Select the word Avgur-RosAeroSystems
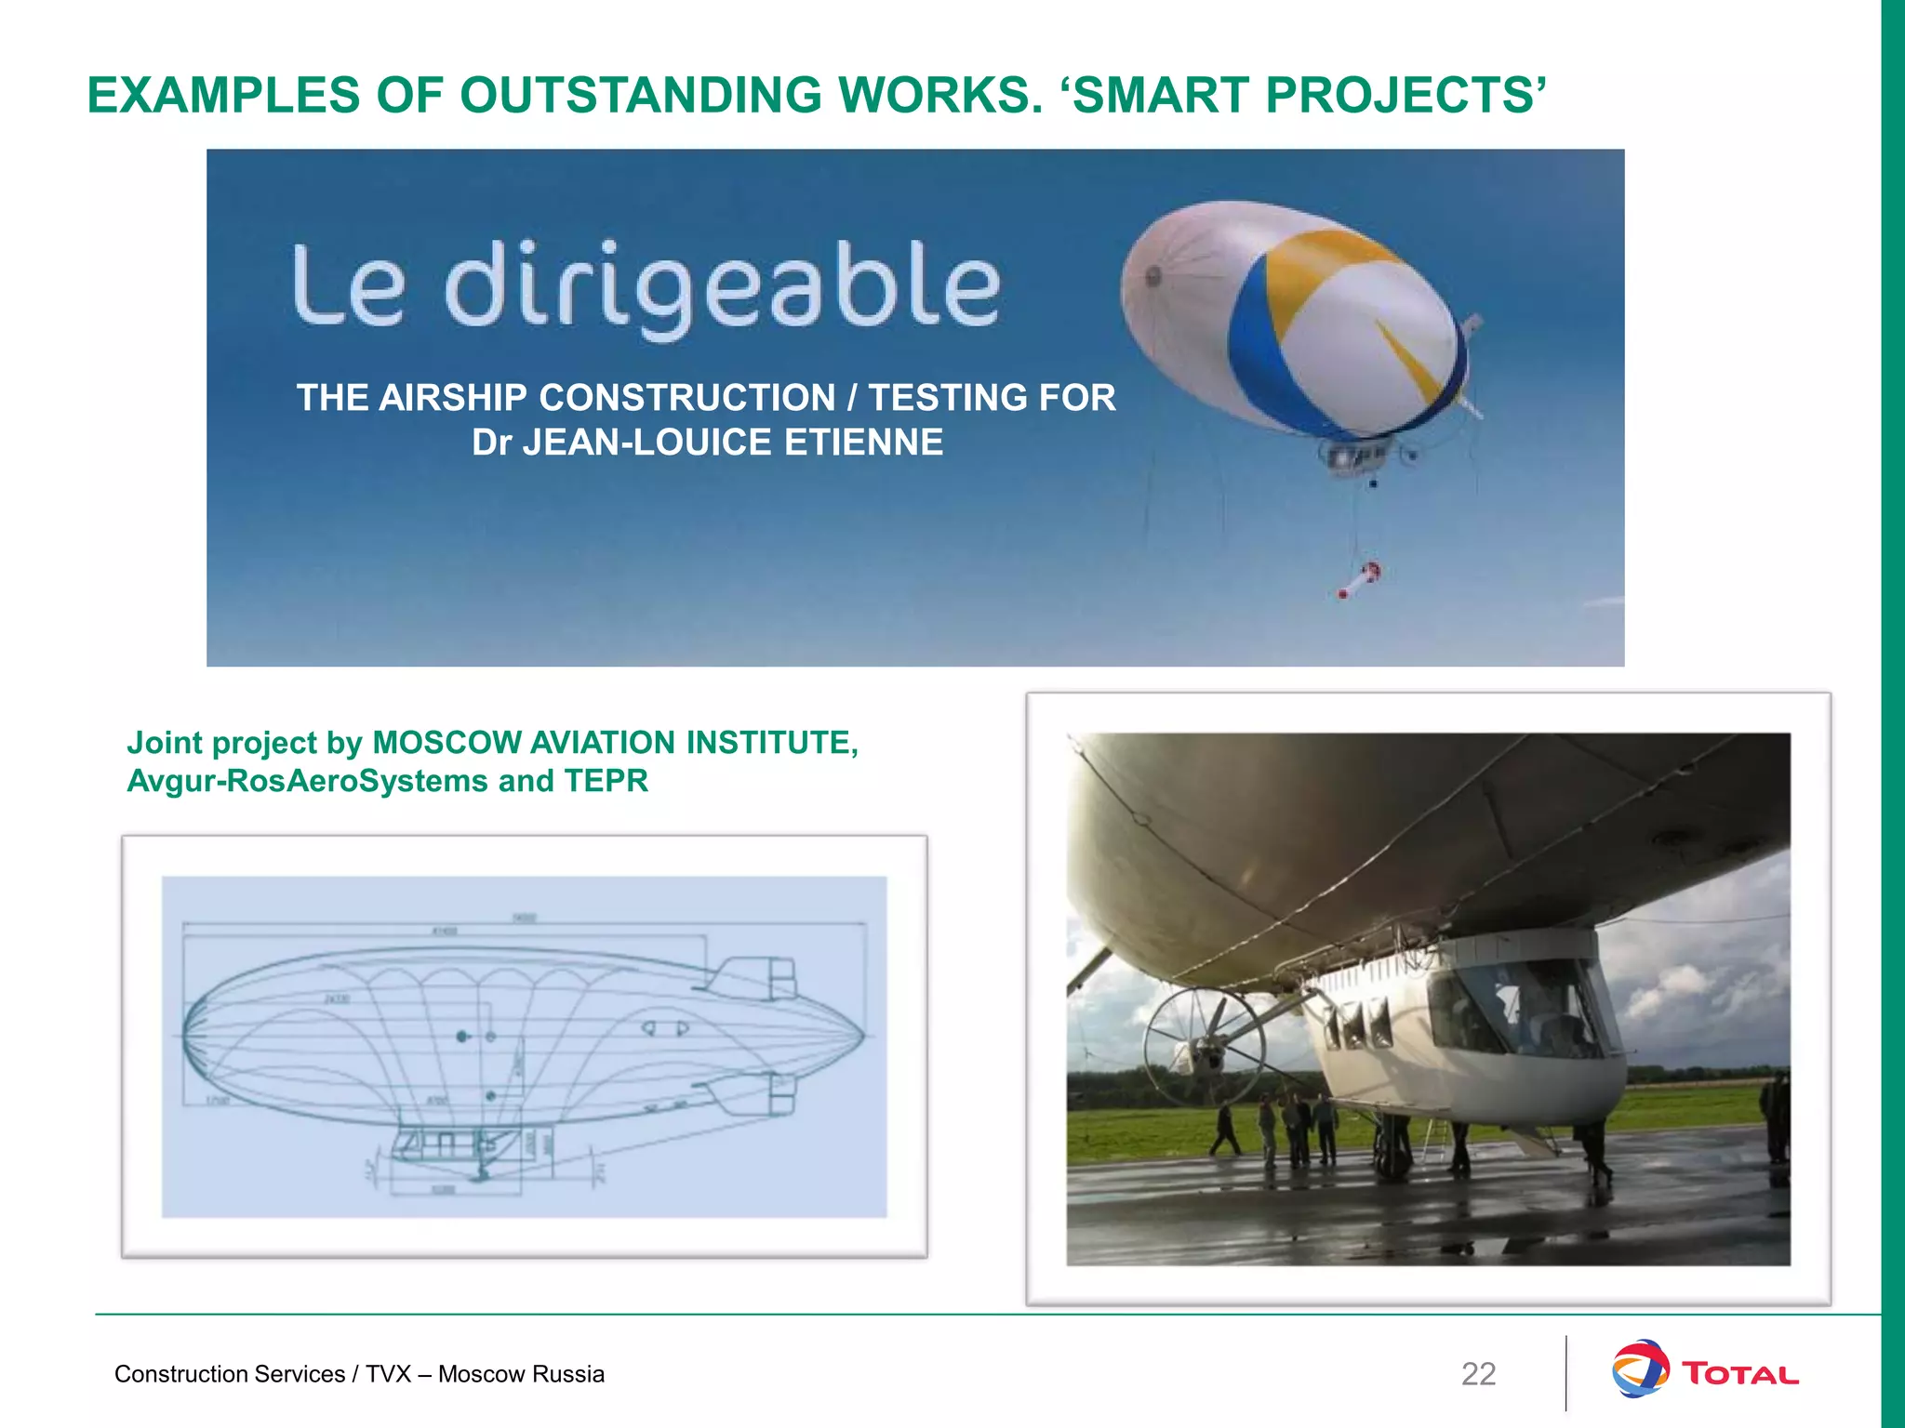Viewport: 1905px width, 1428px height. pos(307,781)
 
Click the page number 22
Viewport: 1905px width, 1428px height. pos(1478,1374)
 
